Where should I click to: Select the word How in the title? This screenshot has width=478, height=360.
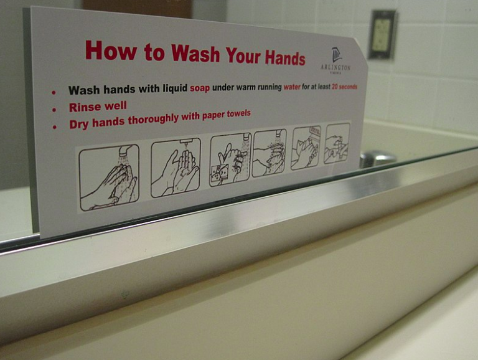click(103, 50)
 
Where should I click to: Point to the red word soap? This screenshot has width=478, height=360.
click(200, 88)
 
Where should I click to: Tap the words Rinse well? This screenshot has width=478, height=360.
click(98, 107)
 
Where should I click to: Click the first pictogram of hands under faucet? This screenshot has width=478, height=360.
click(109, 177)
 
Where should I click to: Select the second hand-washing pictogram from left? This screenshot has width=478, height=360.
click(176, 168)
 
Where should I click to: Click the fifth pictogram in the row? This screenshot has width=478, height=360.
click(306, 148)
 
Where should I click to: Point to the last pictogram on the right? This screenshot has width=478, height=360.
click(337, 143)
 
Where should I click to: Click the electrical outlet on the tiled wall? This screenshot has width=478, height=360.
click(382, 35)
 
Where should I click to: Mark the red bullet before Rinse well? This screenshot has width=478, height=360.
click(54, 109)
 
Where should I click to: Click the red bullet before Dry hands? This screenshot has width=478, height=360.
click(55, 126)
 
